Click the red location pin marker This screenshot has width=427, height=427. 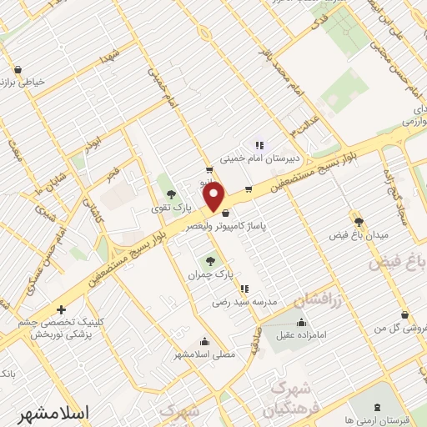click(215, 197)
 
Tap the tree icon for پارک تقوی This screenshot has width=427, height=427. click(172, 195)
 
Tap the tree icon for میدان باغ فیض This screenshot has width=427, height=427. click(359, 221)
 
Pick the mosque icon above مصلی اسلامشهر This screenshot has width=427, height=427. click(205, 340)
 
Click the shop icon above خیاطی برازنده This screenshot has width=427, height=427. click(18, 69)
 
